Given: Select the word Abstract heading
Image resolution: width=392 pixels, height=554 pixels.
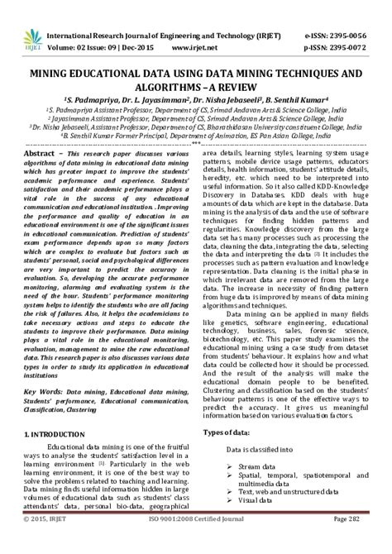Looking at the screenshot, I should click(x=42, y=154).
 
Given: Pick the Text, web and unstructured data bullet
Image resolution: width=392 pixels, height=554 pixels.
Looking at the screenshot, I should click(x=289, y=492).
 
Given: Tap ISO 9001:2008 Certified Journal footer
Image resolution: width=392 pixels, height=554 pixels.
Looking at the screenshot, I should click(x=196, y=542).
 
